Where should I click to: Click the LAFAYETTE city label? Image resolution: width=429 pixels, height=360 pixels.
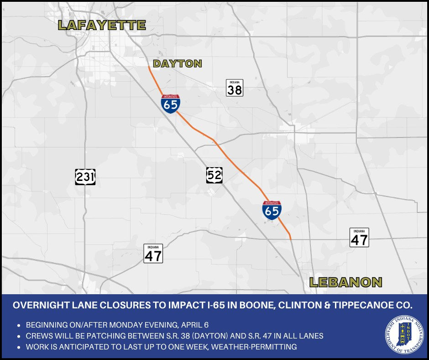coord(102,25)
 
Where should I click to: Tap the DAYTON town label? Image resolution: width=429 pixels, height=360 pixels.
coord(178,64)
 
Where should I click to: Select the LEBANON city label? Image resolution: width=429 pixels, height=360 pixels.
coord(345,282)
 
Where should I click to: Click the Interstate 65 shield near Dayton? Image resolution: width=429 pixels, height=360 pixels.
coord(170,104)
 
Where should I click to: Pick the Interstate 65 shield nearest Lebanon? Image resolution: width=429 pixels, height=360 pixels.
coord(272,210)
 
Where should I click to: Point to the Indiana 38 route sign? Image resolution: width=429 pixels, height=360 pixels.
coord(235,88)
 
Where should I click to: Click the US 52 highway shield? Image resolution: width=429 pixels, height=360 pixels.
coord(214,175)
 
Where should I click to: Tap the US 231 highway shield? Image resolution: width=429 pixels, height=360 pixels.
coord(85,177)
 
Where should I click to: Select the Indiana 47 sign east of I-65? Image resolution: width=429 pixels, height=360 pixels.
coord(359,238)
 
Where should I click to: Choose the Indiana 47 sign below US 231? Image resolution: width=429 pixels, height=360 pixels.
coord(153,253)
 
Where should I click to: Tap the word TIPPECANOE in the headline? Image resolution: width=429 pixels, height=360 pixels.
coord(364,305)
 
